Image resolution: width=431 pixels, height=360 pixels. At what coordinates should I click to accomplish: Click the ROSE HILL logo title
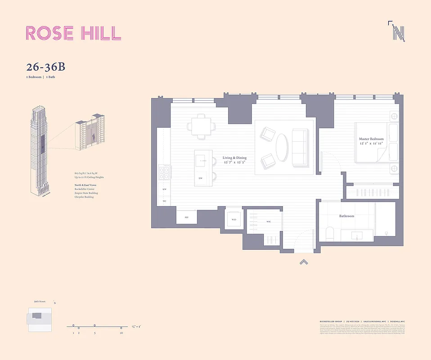pyautogui.click(x=73, y=33)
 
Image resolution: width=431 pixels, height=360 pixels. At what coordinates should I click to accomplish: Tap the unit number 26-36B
pyautogui.click(x=45, y=67)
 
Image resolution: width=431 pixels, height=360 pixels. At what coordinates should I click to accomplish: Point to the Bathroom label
pyautogui.click(x=346, y=216)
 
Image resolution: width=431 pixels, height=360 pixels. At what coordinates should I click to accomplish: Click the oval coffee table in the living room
pyautogui.click(x=283, y=148)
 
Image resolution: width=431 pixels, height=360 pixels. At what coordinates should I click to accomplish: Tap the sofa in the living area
pyautogui.click(x=299, y=147)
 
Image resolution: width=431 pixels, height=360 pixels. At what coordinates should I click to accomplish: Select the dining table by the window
pyautogui.click(x=199, y=125)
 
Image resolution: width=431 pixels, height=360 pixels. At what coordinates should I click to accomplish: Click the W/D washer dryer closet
pyautogui.click(x=233, y=220)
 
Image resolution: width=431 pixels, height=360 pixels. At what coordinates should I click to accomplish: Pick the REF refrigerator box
pyautogui.click(x=186, y=217)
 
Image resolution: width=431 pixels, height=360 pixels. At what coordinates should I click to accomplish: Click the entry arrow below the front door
pyautogui.click(x=304, y=262)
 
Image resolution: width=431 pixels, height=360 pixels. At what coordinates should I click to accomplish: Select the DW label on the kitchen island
pyautogui.click(x=200, y=178)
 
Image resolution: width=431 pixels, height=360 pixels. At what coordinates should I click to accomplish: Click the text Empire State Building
pyautogui.click(x=86, y=193)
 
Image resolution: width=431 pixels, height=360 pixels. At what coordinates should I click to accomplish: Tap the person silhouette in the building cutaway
pyautogui.click(x=94, y=137)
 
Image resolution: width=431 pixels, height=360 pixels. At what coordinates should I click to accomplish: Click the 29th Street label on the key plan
pyautogui.click(x=39, y=302)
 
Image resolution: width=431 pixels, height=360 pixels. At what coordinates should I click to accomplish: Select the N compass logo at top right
pyautogui.click(x=397, y=31)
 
